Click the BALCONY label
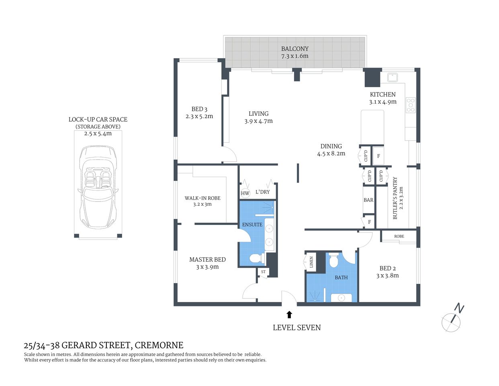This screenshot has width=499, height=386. point(294,49)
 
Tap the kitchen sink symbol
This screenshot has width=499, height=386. point(391,76)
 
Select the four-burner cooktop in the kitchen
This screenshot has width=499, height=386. point(411,105)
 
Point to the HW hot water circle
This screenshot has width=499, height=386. point(245,193)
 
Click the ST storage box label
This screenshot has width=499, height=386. point(263,272)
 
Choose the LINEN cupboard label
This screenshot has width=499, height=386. point(311,263)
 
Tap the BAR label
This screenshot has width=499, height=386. point(368,200)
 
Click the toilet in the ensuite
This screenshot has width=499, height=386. point(255,258)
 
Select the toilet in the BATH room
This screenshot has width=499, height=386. point(333,262)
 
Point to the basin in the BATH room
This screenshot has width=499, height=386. point(341,298)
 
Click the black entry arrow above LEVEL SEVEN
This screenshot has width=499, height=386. point(289,314)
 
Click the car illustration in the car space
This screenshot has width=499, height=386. point(98,187)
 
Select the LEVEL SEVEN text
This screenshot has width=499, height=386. point(297,328)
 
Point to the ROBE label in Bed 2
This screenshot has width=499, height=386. point(399,236)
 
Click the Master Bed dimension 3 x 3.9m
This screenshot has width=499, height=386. point(207,267)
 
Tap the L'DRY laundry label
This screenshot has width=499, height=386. point(262,192)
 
